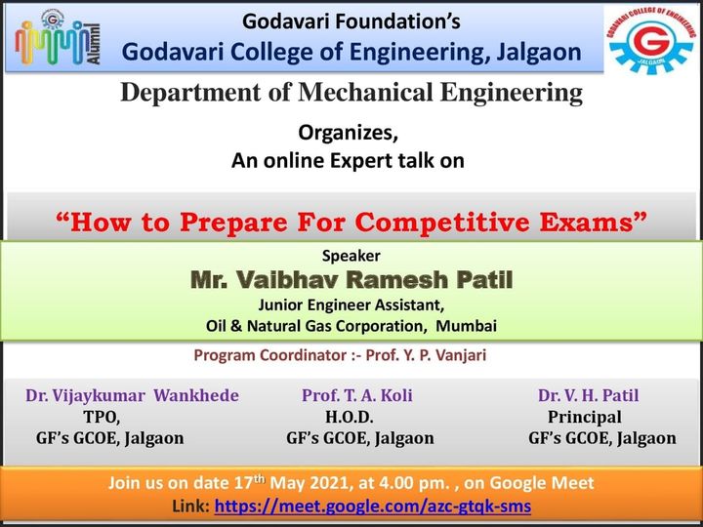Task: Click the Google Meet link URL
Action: point(373,507)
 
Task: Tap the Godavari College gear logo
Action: point(650,40)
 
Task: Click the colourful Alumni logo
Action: point(58,38)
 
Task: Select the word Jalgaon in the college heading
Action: point(538,53)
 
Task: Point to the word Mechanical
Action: point(366,93)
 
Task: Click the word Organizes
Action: point(348,133)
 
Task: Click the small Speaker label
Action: point(351,256)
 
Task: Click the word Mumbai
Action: point(467,326)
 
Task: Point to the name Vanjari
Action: point(461,355)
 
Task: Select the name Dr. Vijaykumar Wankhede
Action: point(132,395)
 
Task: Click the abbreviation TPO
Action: point(102,418)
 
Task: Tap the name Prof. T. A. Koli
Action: point(357,395)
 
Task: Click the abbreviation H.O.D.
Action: point(350,418)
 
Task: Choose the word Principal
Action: point(585,418)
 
